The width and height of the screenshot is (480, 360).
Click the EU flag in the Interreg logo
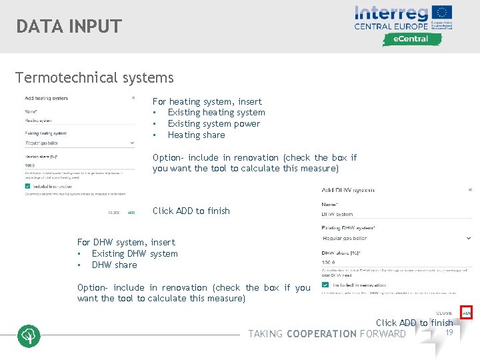(x=442, y=13)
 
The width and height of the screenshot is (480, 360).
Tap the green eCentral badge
(x=412, y=39)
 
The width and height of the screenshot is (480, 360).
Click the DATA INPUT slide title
(x=69, y=27)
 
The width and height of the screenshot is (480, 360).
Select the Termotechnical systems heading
(x=95, y=78)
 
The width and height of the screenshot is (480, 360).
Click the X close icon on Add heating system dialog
(x=133, y=98)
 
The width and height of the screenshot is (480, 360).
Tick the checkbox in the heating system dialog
(x=27, y=187)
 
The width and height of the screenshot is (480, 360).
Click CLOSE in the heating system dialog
(x=115, y=213)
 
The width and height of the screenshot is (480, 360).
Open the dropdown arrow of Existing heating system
(x=133, y=143)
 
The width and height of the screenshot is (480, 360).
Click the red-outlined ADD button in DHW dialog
(x=467, y=313)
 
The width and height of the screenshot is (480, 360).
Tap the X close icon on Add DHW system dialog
(x=470, y=189)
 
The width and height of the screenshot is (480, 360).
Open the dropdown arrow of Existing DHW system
(x=469, y=238)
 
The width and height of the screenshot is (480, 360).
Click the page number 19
(x=449, y=332)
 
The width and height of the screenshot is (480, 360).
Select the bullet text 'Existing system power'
(x=214, y=124)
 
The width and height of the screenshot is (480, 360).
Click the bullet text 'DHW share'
(x=115, y=265)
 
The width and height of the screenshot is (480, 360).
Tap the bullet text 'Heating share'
(x=196, y=135)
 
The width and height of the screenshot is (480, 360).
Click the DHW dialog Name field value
(x=337, y=215)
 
